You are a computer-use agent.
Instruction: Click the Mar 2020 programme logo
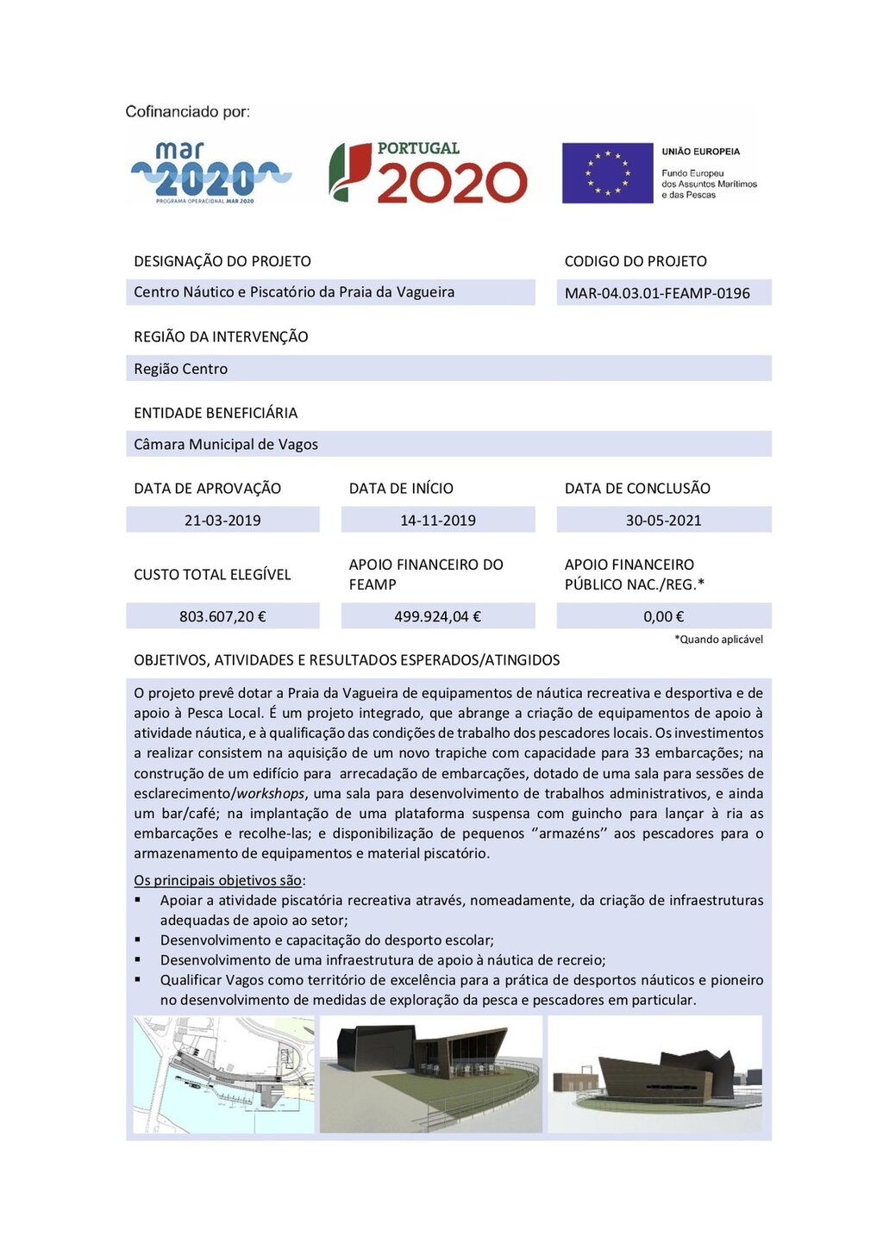(211, 173)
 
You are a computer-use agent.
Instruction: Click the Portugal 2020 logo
(428, 173)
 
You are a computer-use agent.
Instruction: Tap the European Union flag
(607, 173)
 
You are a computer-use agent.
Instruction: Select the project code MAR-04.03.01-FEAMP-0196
(657, 293)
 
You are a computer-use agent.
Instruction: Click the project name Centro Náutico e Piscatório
(294, 292)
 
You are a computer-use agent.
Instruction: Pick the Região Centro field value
(181, 369)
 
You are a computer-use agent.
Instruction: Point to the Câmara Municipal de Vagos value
(226, 445)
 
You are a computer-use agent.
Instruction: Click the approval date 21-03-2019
(222, 521)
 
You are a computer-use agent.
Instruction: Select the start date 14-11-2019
(438, 521)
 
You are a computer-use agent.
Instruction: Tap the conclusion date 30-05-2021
(664, 521)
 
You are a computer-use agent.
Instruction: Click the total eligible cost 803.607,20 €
(222, 616)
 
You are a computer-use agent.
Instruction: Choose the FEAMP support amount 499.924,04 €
(438, 616)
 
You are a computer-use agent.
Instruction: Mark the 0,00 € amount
(664, 616)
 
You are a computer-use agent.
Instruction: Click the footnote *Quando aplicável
(718, 640)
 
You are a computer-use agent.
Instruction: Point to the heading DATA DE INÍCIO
(401, 489)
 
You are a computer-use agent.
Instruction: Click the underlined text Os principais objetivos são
(218, 880)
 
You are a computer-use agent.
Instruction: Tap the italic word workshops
(271, 794)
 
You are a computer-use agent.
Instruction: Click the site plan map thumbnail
(224, 1074)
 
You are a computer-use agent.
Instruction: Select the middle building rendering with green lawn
(431, 1074)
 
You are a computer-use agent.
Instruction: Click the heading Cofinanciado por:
(188, 112)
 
